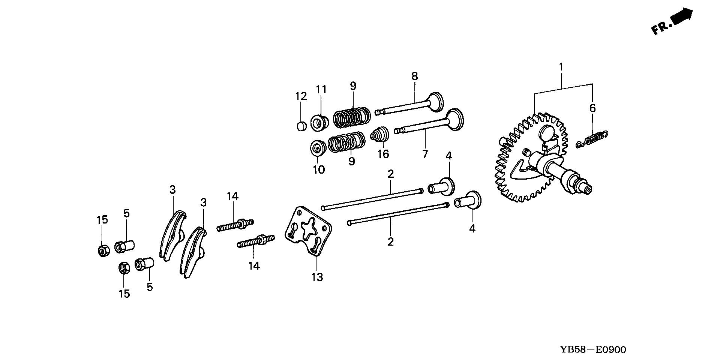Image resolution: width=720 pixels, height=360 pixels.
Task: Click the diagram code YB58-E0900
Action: (x=592, y=350)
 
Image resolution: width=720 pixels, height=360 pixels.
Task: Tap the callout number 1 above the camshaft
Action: (x=561, y=67)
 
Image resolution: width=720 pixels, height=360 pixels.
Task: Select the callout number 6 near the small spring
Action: (x=592, y=108)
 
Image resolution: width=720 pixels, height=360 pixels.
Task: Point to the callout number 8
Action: (x=414, y=76)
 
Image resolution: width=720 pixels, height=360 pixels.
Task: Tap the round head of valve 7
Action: (x=455, y=119)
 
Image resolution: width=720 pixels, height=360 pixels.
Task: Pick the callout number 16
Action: (x=383, y=154)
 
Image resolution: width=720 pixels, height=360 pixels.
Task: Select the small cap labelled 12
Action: (x=301, y=126)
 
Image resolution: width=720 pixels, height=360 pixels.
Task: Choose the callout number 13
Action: (x=317, y=277)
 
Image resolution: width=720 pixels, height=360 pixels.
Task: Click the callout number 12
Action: (x=301, y=96)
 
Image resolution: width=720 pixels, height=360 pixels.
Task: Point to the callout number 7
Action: (x=425, y=154)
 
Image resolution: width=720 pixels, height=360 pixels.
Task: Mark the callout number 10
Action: (x=319, y=170)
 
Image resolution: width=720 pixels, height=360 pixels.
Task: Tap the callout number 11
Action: (x=321, y=90)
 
